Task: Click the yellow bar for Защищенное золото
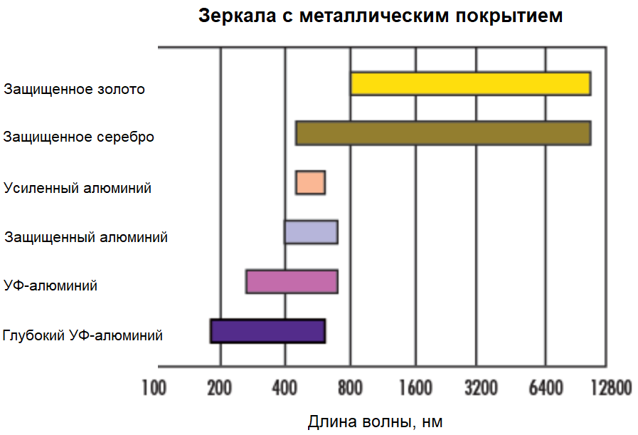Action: coord(470,83)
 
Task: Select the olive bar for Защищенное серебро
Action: coord(443,134)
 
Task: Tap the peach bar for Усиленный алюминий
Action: coord(310,183)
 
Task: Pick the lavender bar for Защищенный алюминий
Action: coord(311,232)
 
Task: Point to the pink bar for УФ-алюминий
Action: coord(292,282)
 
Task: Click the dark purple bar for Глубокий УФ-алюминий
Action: coord(267,332)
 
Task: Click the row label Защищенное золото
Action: coord(74,90)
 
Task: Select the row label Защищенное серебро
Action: coord(78,137)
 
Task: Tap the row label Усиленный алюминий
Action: coord(78,189)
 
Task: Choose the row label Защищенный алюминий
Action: coord(86,237)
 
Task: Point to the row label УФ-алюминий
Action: coord(50,286)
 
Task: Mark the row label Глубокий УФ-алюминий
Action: coord(83,335)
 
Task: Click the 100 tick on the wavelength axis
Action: coord(154,388)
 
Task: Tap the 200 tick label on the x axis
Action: coord(219,388)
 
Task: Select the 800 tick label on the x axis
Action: coord(350,388)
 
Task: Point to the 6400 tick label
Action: coord(546,388)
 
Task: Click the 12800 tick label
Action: coord(610,388)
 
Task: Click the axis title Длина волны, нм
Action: coord(375,421)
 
